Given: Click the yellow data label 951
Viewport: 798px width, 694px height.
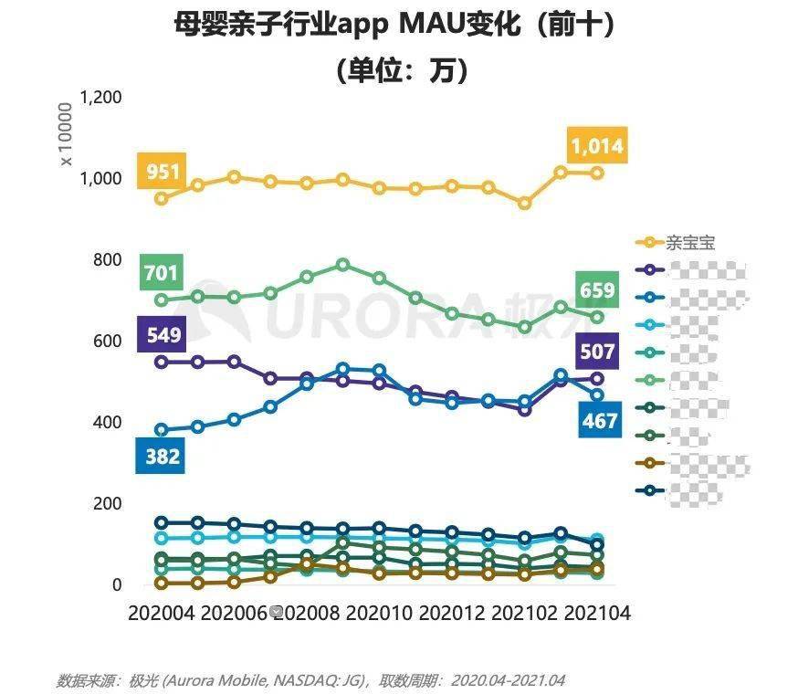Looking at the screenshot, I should tap(163, 171).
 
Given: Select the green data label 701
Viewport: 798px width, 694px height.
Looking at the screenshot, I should tap(162, 272).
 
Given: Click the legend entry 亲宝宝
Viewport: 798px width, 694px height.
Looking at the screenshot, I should tap(689, 243).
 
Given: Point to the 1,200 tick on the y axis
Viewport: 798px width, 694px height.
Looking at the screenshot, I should tap(101, 96).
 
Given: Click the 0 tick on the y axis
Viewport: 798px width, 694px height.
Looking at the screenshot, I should tap(117, 585).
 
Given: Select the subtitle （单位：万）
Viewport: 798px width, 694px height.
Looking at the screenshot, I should tap(399, 69).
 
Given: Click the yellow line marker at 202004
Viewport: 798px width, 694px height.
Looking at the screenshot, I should tap(162, 198).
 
